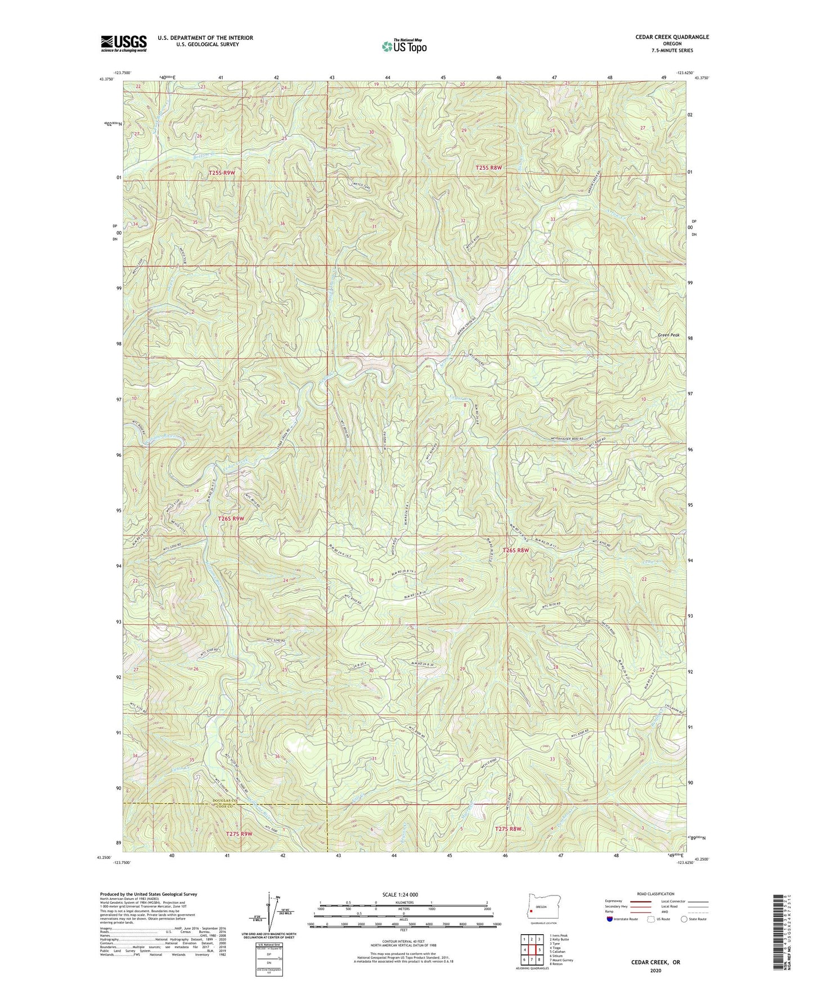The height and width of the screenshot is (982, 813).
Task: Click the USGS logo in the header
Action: [124, 43]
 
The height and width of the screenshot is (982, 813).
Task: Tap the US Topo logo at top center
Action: [403, 46]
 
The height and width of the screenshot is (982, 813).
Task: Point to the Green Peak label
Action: [668, 335]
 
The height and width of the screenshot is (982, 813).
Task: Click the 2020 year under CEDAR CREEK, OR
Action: [655, 970]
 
